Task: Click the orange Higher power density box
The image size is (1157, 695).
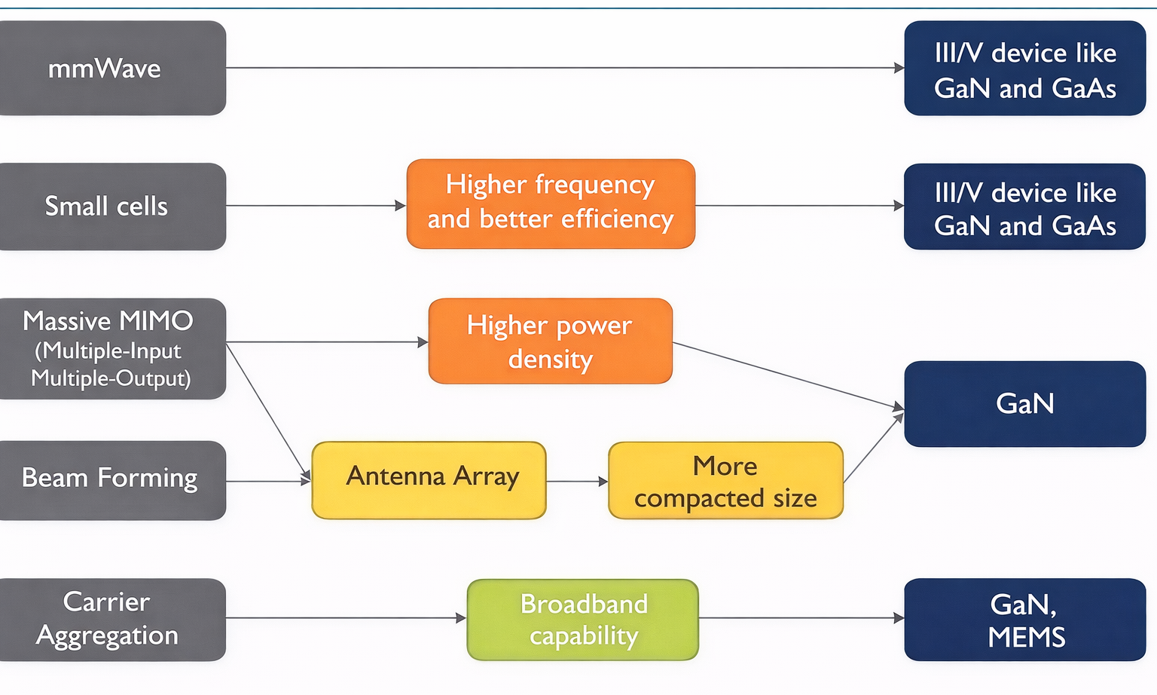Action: click(x=550, y=341)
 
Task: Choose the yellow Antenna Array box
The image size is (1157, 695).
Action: click(x=429, y=480)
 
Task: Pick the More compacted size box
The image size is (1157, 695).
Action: click(x=725, y=480)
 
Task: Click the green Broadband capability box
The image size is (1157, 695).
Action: click(x=582, y=620)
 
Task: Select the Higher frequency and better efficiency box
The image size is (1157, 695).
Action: click(x=551, y=204)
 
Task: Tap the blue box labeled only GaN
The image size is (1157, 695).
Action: click(x=1024, y=404)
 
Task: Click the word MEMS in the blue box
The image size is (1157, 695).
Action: click(x=1026, y=638)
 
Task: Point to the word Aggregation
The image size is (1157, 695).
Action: click(x=107, y=636)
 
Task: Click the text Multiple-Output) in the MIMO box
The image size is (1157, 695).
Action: click(x=111, y=378)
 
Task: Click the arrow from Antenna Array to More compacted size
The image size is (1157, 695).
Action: click(x=576, y=481)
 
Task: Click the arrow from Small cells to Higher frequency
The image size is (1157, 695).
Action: click(x=316, y=206)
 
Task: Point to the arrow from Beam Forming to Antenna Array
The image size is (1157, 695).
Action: click(x=268, y=481)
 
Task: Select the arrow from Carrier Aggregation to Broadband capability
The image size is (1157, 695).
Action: click(x=346, y=618)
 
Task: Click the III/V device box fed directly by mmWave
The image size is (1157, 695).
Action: click(x=1024, y=69)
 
